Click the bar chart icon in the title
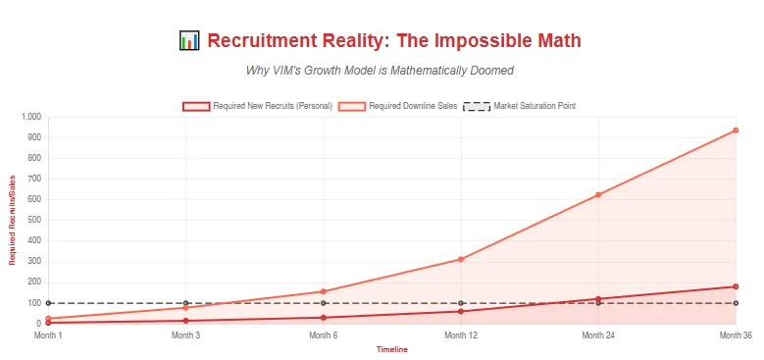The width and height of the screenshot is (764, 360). (189, 41)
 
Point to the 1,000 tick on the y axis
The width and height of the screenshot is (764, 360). (29, 117)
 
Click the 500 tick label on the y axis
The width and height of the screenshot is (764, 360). (33, 221)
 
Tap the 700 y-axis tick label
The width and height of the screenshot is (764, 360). (33, 179)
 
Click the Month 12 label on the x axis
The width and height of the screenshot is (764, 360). (461, 335)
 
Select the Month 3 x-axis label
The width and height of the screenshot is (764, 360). (185, 335)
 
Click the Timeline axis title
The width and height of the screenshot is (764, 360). (392, 349)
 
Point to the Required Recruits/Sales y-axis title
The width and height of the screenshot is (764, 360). (13, 221)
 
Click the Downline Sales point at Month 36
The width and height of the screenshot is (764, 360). (736, 130)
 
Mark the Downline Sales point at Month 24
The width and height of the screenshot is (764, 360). (598, 195)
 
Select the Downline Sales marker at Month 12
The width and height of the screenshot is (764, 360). (461, 259)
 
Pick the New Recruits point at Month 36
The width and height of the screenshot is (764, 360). (736, 286)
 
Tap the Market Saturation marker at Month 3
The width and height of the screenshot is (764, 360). (185, 303)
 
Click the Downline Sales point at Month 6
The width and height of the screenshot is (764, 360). (324, 291)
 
